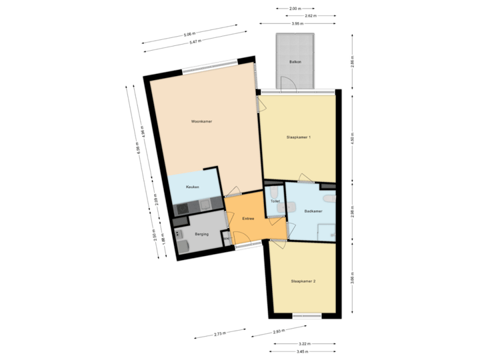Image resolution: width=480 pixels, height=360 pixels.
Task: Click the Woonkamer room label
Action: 201,121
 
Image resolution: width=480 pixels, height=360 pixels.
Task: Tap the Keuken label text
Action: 193,187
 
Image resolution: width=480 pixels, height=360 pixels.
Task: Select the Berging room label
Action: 201,234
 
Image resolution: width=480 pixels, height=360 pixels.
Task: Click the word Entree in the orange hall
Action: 248,219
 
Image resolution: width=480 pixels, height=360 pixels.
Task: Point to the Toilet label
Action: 275,201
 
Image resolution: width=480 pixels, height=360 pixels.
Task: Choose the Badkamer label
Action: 313,211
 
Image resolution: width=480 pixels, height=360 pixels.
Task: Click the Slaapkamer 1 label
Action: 299,137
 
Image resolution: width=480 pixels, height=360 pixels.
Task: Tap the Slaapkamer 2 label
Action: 303,281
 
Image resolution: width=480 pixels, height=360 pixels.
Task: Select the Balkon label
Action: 294,61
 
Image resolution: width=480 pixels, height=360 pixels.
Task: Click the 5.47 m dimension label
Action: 195,41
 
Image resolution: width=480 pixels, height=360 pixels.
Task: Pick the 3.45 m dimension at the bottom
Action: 304,351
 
